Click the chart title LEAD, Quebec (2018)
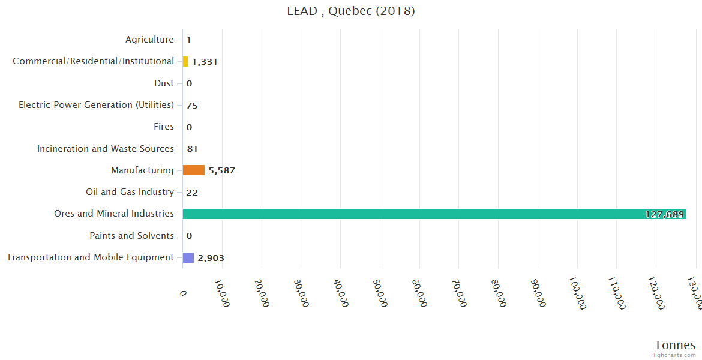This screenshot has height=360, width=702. tap(351, 11)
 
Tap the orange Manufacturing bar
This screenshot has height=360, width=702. tap(194, 170)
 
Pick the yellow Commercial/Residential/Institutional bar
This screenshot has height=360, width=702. tap(185, 61)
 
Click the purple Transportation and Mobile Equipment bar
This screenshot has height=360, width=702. tap(188, 257)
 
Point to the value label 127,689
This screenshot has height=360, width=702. tap(664, 214)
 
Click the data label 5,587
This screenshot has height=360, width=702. tap(222, 170)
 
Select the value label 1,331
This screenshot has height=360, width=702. tap(205, 62)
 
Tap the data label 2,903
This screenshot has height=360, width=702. tap(211, 258)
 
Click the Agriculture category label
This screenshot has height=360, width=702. tap(149, 40)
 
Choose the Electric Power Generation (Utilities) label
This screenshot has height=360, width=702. tap(96, 105)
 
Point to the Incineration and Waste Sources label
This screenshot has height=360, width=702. tap(106, 149)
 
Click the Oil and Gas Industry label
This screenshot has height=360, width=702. tap(130, 192)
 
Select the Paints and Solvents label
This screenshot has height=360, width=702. tap(131, 236)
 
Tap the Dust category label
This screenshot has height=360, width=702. tap(164, 83)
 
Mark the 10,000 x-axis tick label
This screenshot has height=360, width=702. tap(221, 292)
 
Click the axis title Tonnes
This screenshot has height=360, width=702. tap(675, 345)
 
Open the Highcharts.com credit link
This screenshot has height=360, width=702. tap(674, 355)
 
